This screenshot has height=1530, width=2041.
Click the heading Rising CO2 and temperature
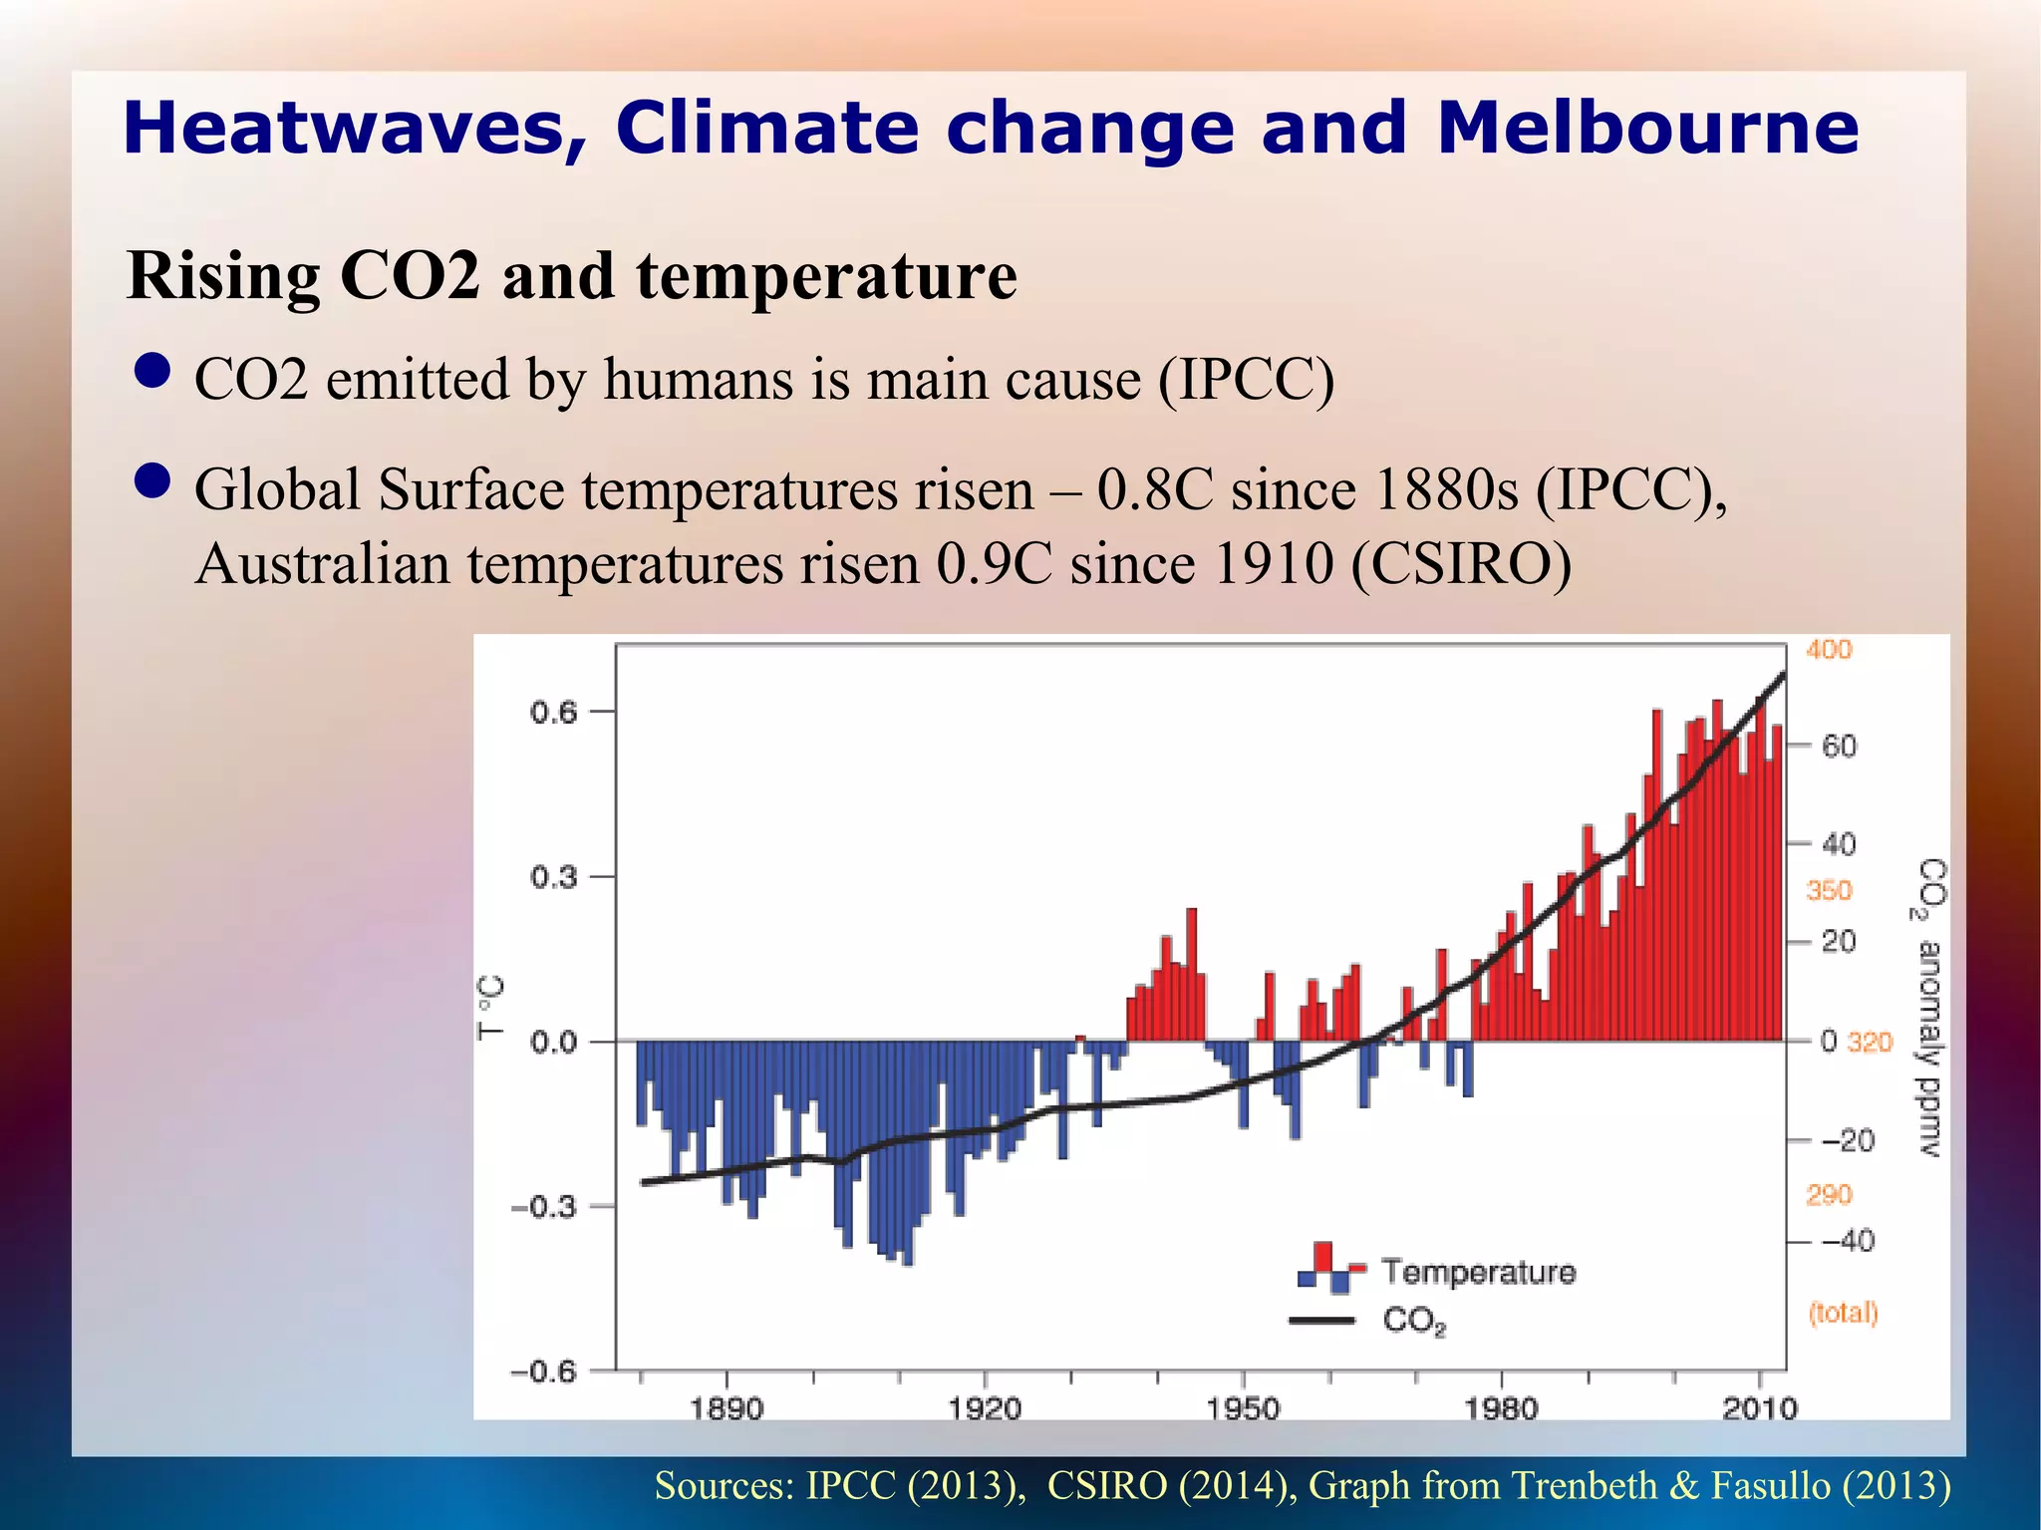(572, 275)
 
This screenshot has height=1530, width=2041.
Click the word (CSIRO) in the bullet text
(1461, 564)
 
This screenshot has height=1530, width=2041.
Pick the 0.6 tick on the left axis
(553, 713)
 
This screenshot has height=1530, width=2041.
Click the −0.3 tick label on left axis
(544, 1207)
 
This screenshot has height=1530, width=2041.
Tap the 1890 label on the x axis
(727, 1408)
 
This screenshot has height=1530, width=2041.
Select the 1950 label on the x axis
(1243, 1408)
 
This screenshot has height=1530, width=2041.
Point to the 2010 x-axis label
(1760, 1408)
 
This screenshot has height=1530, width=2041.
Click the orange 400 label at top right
(1829, 650)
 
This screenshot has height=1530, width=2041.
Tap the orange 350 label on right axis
(1829, 890)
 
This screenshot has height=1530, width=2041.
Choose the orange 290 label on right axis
(1829, 1194)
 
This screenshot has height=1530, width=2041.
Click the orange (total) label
(1844, 1313)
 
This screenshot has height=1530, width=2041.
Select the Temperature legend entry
(1478, 1272)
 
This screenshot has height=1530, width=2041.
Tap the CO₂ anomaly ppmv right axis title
(1930, 1007)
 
